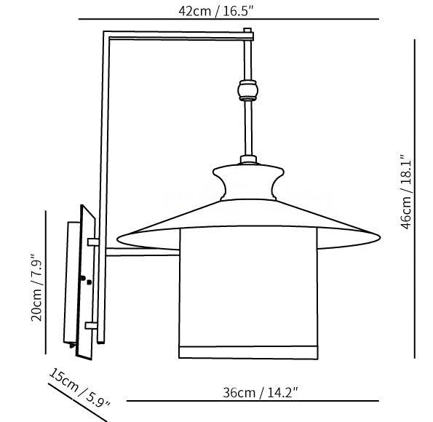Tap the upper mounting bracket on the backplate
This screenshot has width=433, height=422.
(92, 242)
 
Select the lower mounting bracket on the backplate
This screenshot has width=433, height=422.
(91, 326)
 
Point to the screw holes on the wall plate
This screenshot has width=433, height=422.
(87, 280)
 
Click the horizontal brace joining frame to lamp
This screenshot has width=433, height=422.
(143, 253)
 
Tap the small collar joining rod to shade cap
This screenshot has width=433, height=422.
(248, 159)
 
